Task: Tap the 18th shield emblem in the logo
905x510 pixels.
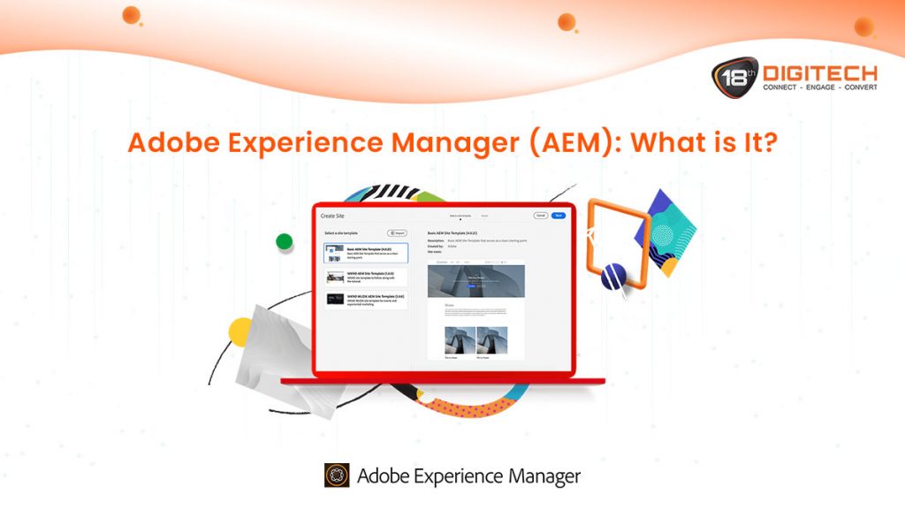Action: tap(734, 78)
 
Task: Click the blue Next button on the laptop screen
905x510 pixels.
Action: tap(559, 215)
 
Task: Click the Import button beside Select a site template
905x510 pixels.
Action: tap(397, 233)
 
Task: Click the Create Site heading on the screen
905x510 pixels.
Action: tap(333, 216)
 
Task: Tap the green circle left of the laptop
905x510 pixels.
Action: tap(284, 241)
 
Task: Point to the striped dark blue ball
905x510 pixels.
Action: tap(613, 278)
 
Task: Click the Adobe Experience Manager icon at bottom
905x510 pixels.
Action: tap(337, 476)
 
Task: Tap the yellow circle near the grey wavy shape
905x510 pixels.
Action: tap(241, 331)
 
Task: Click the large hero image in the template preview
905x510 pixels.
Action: tap(475, 281)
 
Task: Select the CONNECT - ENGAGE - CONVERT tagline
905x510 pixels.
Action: tap(820, 88)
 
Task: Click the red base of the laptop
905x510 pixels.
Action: tap(442, 381)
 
